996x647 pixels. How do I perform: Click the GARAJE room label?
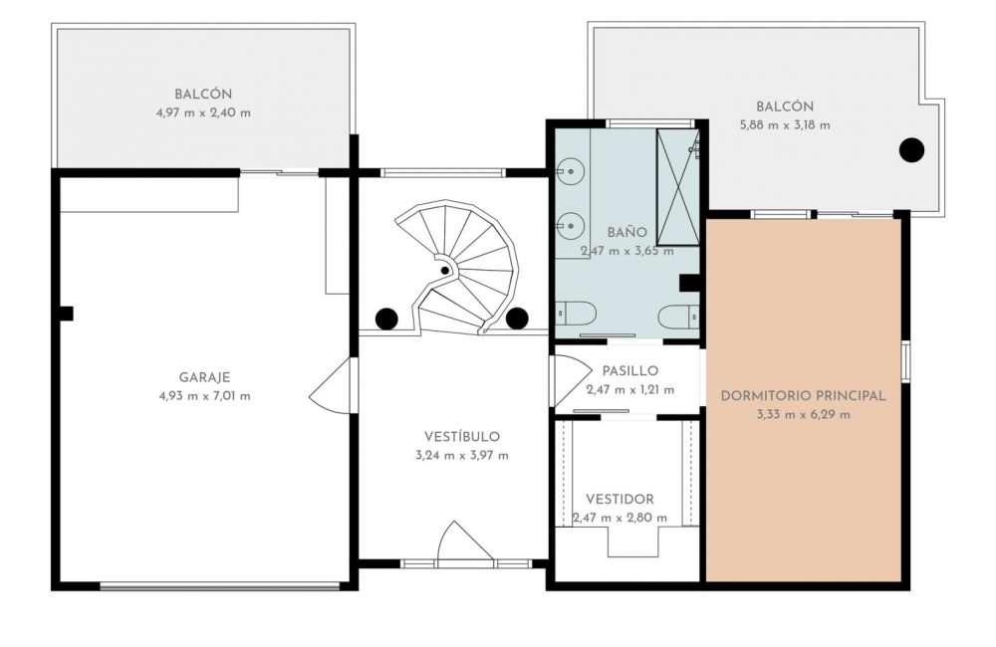[x=204, y=377]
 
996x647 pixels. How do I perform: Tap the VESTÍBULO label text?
[x=462, y=436]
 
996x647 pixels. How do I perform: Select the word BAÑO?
[x=626, y=232]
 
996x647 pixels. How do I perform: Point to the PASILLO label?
[x=630, y=371]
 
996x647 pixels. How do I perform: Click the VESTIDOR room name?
[x=620, y=499]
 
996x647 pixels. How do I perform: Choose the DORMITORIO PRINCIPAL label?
[x=803, y=395]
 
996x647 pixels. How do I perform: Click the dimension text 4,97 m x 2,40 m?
[x=203, y=113]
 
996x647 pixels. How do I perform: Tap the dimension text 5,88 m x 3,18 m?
[x=785, y=125]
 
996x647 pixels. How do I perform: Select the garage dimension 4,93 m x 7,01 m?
[x=204, y=396]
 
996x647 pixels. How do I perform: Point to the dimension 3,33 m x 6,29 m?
[x=803, y=415]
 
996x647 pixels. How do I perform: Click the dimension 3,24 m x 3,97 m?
[x=462, y=455]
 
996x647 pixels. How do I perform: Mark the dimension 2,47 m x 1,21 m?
[x=630, y=390]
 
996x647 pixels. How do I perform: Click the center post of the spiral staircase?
[x=445, y=271]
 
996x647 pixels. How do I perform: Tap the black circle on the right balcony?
[x=911, y=150]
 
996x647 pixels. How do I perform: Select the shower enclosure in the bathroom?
[x=677, y=187]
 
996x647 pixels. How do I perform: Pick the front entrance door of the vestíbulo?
[x=465, y=541]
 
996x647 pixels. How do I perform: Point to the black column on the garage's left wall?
[x=66, y=314]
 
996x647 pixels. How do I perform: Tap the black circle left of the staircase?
[x=386, y=319]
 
